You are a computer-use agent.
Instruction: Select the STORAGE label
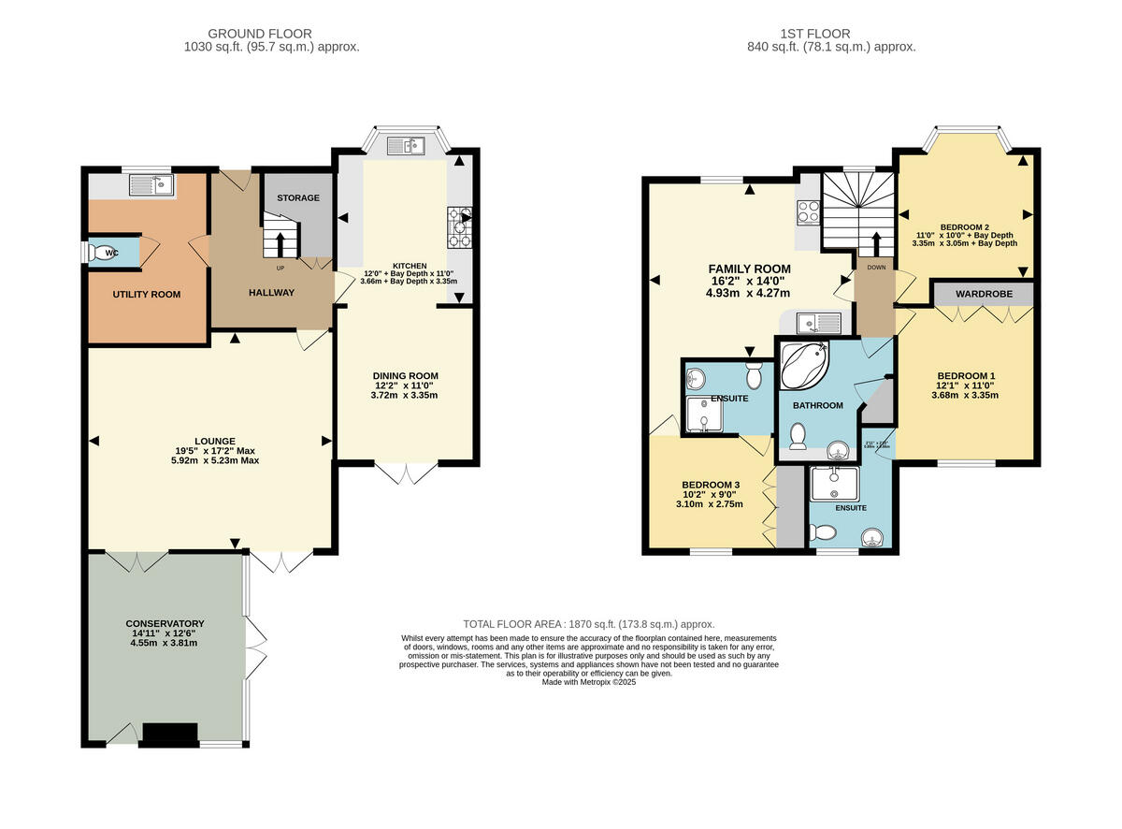tap(297, 197)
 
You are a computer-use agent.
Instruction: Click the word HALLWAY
tap(271, 293)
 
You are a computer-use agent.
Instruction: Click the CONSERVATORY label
tap(165, 623)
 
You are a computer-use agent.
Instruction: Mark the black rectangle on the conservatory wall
tap(169, 734)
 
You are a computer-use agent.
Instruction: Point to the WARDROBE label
tap(984, 293)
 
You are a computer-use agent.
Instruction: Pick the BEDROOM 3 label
tap(711, 485)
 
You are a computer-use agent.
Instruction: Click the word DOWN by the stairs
tap(876, 267)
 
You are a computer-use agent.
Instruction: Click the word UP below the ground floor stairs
tap(280, 268)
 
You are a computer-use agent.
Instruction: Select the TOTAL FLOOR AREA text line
tap(589, 624)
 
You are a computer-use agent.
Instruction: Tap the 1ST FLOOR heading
tap(831, 34)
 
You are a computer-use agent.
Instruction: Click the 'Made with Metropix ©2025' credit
tap(589, 682)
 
